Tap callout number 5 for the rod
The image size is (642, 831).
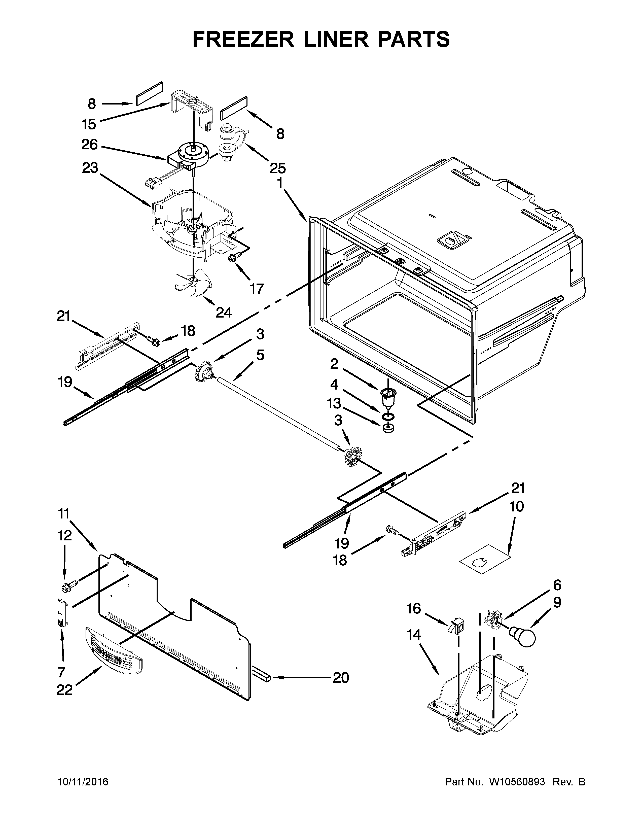(260, 355)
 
